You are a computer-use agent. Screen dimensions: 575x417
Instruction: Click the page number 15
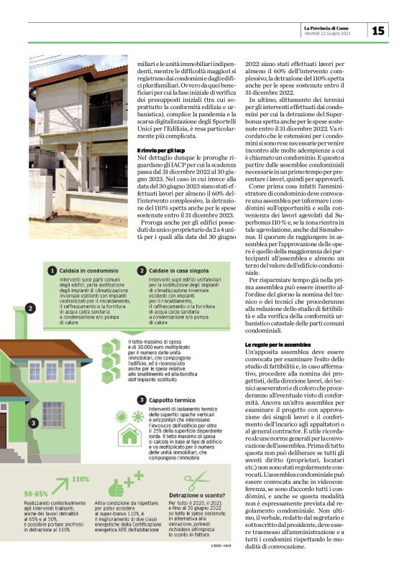click(378, 30)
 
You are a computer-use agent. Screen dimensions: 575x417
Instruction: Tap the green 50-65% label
click(37, 495)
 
